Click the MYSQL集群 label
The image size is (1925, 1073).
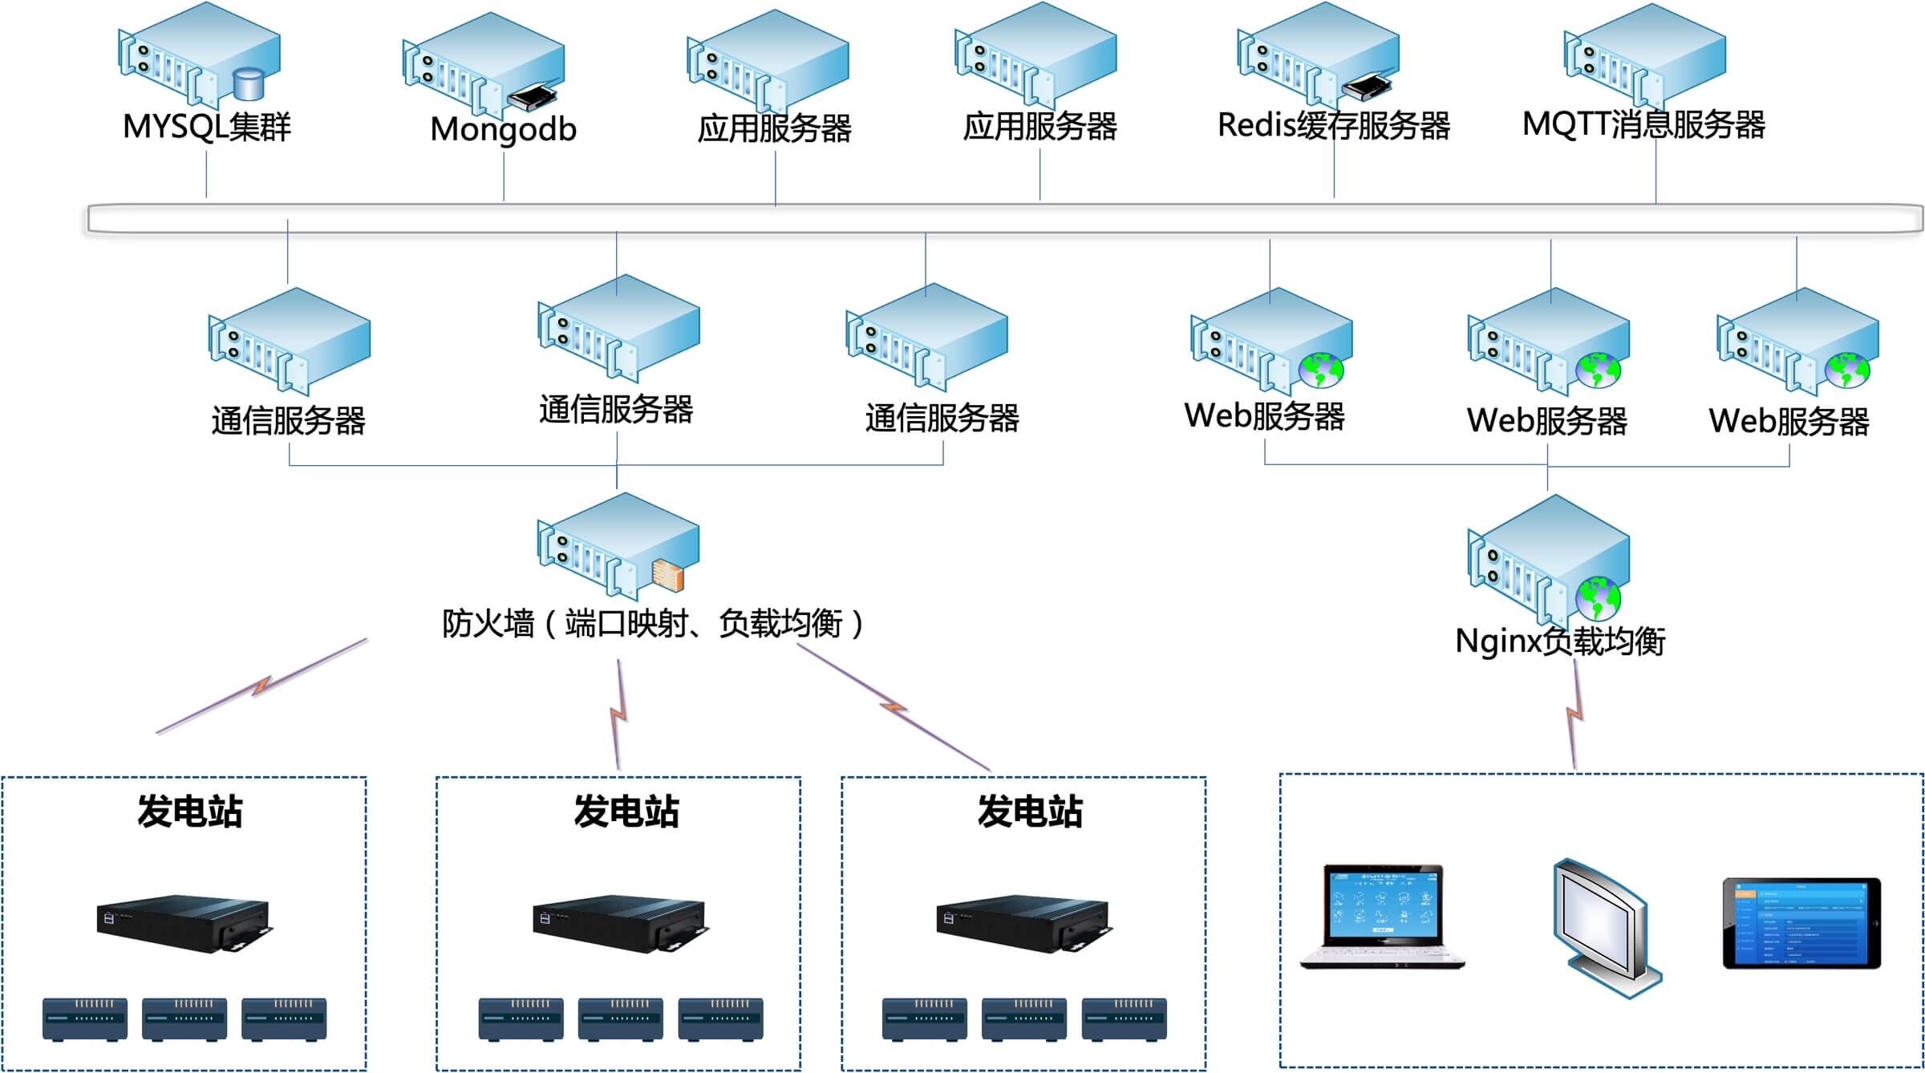click(206, 127)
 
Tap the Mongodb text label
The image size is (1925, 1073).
click(503, 129)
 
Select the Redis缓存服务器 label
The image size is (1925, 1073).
click(1333, 126)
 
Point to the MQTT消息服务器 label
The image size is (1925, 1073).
click(1643, 124)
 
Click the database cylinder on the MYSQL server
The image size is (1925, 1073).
click(248, 84)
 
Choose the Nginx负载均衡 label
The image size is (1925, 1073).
click(1560, 641)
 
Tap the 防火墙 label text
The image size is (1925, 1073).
click(488, 623)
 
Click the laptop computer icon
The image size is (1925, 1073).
click(1381, 916)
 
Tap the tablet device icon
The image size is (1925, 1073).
click(1801, 923)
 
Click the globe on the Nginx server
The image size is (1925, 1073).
click(1598, 597)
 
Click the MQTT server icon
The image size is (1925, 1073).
click(1644, 56)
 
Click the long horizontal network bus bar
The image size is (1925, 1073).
click(1003, 219)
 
